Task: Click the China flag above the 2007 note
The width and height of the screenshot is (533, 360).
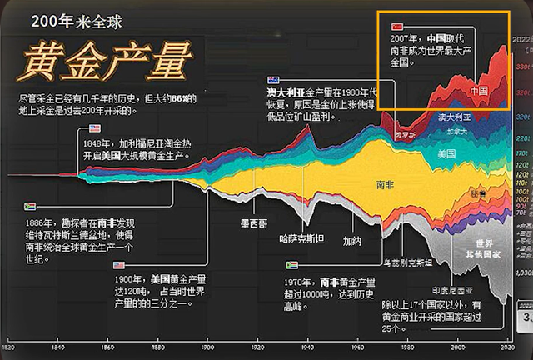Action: click(396, 27)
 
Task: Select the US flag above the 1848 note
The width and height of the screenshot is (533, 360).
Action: click(94, 129)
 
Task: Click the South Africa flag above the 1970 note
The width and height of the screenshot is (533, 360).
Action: click(292, 265)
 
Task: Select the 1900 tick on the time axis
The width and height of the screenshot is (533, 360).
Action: click(207, 346)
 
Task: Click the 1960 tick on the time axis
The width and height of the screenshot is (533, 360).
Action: click(357, 346)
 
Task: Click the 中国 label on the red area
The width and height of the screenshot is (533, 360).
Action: click(478, 89)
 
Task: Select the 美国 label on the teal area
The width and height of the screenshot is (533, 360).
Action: click(446, 153)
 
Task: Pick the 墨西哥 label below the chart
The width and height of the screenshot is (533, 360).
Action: click(253, 223)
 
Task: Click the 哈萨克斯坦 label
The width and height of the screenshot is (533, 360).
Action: click(301, 237)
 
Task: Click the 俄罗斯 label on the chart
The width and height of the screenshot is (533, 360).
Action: click(406, 134)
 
